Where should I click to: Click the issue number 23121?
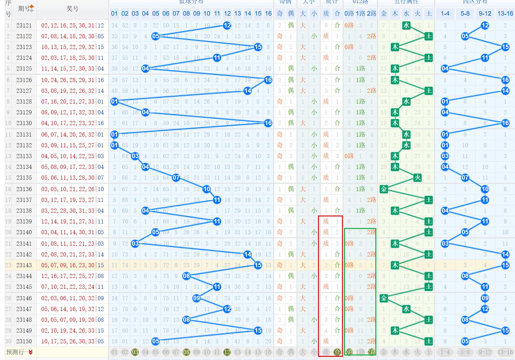24,25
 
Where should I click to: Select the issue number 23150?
24,341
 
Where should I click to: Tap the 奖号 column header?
72,8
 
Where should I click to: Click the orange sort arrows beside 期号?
32,8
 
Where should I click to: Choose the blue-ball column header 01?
114,14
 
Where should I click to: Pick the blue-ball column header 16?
268,14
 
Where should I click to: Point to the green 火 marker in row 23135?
417,178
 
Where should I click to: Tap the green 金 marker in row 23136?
384,189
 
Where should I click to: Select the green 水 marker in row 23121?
406,25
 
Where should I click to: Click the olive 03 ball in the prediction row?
135,352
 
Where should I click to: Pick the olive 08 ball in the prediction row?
186,352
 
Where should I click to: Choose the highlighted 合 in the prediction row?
337,352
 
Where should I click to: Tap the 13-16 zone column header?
505,14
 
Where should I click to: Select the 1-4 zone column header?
445,14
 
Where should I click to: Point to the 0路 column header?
349,14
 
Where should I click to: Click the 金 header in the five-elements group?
384,14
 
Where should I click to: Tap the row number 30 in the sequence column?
8,341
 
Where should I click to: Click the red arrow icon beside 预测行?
31,352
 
